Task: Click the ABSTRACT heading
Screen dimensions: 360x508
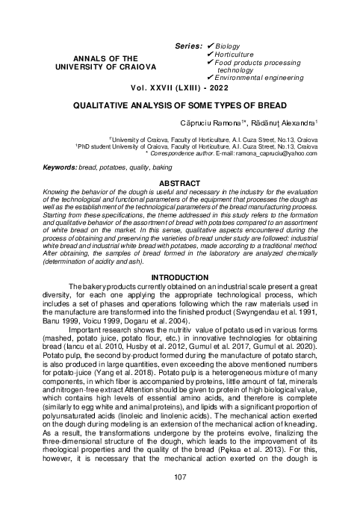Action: [x=179, y=182]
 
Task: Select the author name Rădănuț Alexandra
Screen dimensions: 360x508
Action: [x=289, y=122]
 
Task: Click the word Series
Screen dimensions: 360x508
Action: [x=187, y=46]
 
